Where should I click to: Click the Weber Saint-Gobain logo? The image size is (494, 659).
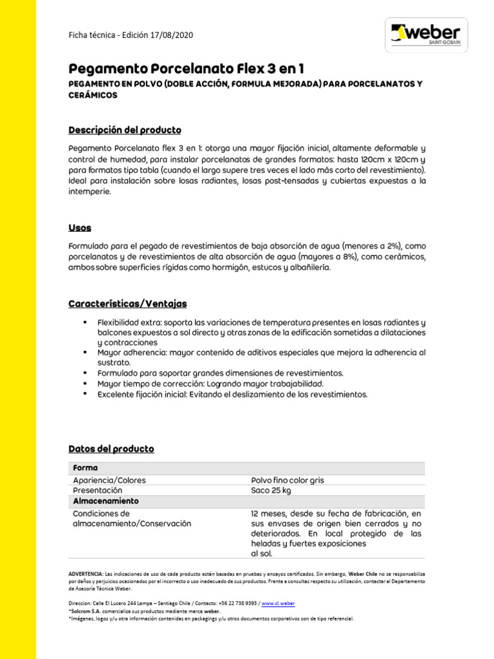[x=426, y=34]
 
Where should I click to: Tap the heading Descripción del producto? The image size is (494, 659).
[x=125, y=130]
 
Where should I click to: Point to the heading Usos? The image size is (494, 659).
[x=80, y=228]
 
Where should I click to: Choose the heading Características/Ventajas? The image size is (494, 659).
[x=127, y=303]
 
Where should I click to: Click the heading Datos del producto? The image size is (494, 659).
[x=111, y=449]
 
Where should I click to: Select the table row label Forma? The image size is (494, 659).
[x=85, y=468]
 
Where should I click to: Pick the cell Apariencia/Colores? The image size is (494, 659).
[x=109, y=480]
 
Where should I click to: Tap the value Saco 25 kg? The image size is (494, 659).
[x=271, y=490]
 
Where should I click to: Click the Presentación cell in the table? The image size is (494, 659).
[x=97, y=490]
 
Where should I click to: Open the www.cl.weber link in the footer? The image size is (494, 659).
[x=279, y=604]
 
